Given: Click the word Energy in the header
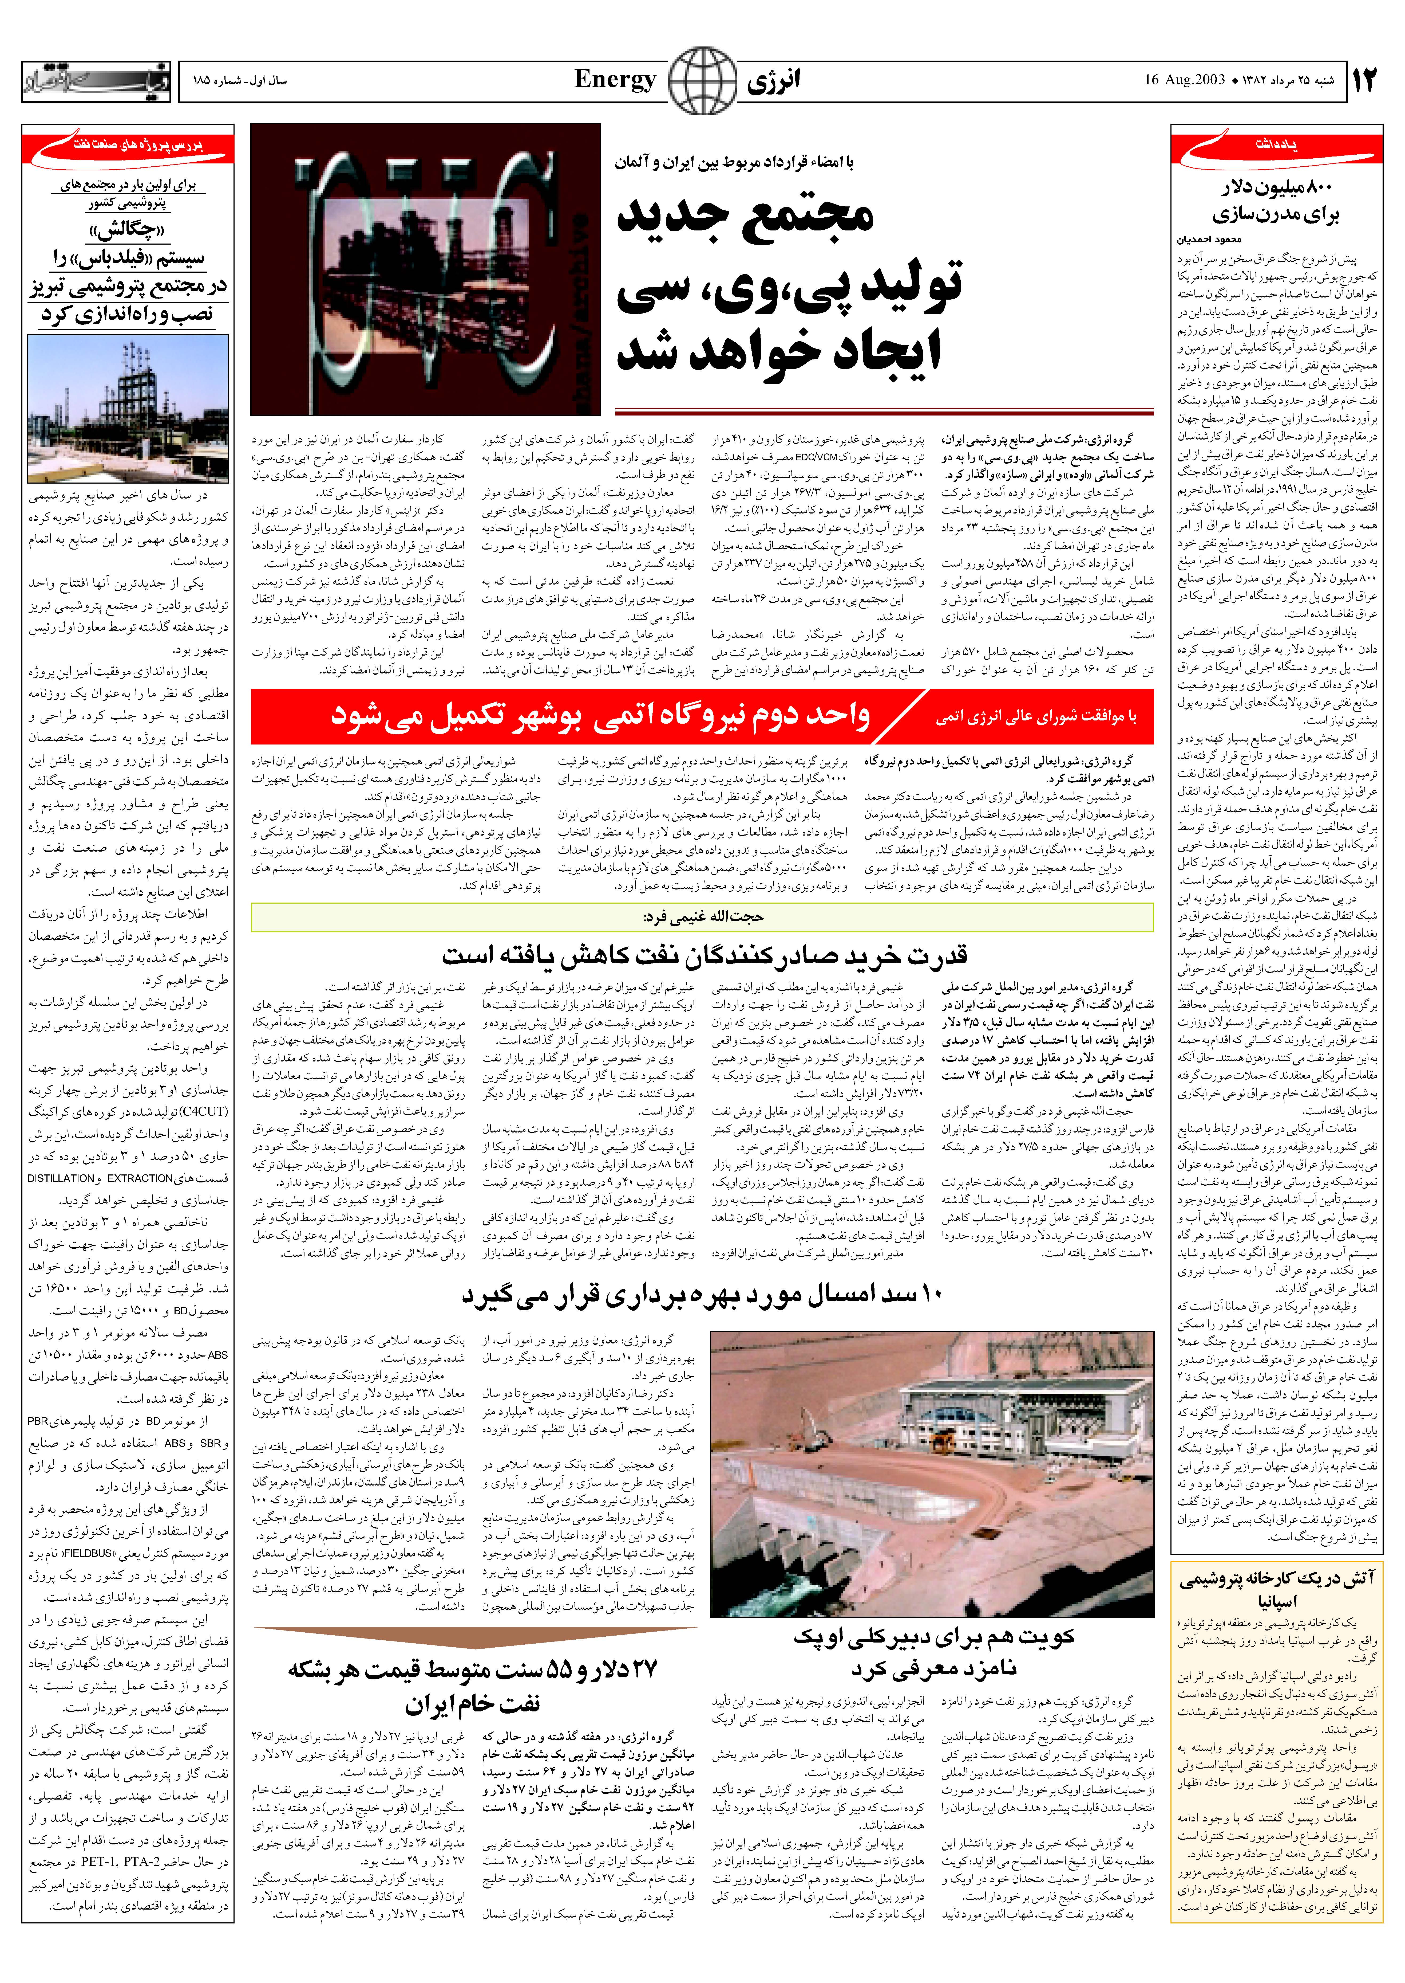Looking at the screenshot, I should point(615,80).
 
